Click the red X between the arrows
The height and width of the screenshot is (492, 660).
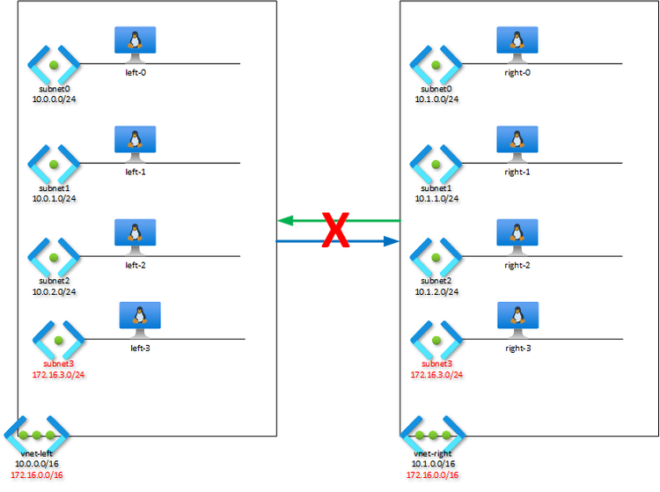click(x=334, y=230)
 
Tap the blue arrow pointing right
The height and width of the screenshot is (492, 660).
click(x=370, y=240)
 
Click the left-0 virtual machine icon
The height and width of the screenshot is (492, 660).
click(x=135, y=42)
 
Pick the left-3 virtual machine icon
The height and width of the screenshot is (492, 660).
click(x=140, y=318)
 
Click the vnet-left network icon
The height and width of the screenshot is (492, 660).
click(x=36, y=436)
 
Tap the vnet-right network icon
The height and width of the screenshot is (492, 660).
click(x=432, y=436)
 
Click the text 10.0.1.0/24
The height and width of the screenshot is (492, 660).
click(x=54, y=198)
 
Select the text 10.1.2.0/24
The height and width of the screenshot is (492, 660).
click(x=437, y=290)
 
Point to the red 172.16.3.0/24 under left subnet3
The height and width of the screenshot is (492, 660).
click(x=59, y=374)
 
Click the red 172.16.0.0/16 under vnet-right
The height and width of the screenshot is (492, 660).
click(x=432, y=475)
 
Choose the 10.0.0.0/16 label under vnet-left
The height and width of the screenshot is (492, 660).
click(x=37, y=463)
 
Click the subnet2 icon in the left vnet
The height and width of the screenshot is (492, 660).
click(x=54, y=256)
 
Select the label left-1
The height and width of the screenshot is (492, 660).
click(x=136, y=172)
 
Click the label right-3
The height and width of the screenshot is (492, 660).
click(x=517, y=349)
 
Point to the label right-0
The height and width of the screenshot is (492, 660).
click(x=517, y=72)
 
